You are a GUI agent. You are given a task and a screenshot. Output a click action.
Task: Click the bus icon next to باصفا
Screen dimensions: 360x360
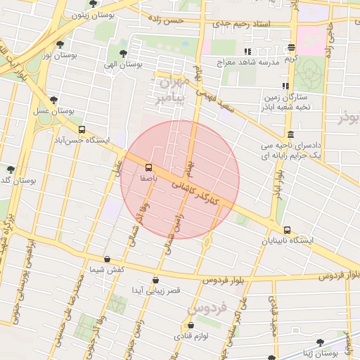[x=148, y=167]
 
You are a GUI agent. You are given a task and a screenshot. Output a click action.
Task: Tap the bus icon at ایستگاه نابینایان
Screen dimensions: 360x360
[x=287, y=230]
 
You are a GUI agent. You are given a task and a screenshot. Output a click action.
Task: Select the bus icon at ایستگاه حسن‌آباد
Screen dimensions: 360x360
[x=82, y=129]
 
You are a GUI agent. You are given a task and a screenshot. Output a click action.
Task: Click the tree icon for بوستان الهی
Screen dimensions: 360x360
[x=124, y=53]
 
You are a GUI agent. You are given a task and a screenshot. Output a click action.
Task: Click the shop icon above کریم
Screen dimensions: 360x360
[x=291, y=48]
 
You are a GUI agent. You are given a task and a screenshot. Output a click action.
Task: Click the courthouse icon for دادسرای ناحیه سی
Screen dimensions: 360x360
[x=290, y=134]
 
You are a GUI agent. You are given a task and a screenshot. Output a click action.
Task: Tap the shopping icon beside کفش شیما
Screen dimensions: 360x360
[x=107, y=259]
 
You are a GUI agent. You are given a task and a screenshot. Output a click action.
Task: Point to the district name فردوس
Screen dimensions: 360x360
[x=207, y=308]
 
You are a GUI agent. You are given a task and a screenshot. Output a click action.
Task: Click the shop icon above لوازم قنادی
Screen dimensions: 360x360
[x=191, y=326]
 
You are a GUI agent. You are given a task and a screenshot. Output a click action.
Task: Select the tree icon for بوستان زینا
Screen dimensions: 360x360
[x=320, y=342]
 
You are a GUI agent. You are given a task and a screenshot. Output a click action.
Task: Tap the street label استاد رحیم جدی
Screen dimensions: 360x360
[x=244, y=25]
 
